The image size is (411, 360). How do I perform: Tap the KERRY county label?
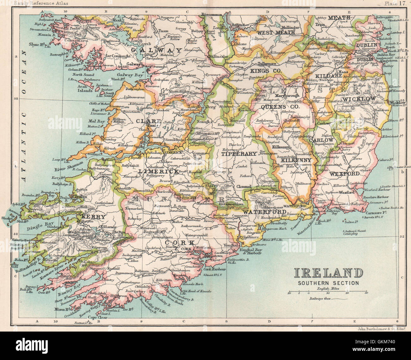tap(93, 217)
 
